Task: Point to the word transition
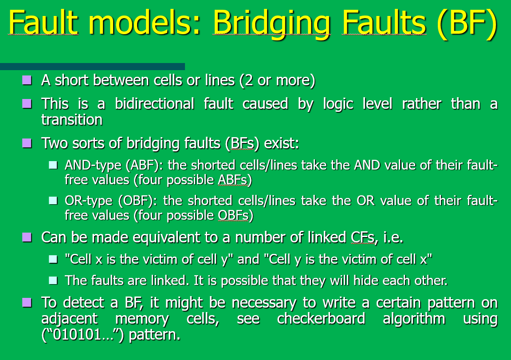[x=72, y=119]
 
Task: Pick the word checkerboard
[x=321, y=319]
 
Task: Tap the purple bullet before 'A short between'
[x=28, y=80]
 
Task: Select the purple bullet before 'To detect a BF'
[x=28, y=303]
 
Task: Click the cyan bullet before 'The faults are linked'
[x=53, y=280]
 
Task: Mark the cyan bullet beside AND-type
[x=53, y=165]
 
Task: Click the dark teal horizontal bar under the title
[x=92, y=67]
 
